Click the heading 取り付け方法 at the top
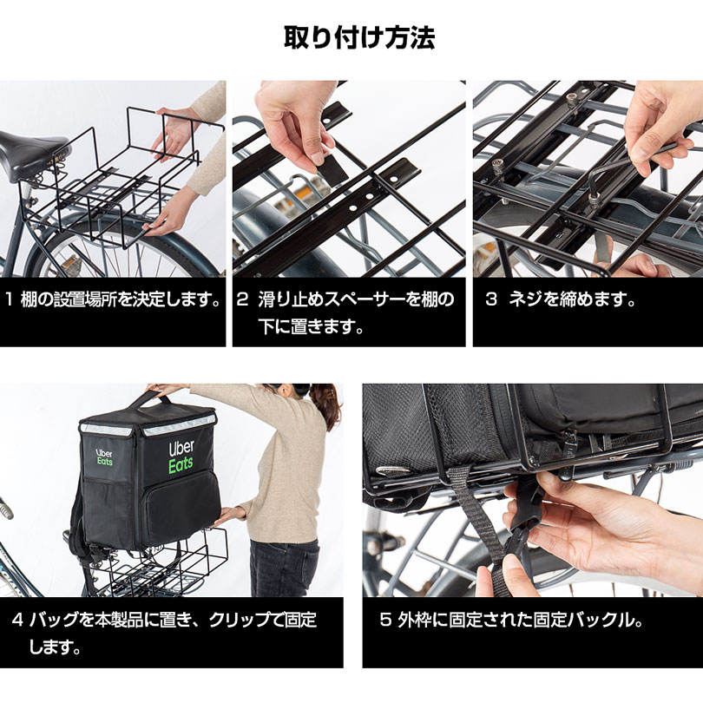(x=359, y=37)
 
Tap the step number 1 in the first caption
(x=10, y=299)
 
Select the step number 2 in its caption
(x=242, y=299)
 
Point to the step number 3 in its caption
(x=491, y=299)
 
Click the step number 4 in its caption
(x=17, y=620)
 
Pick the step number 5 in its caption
(x=385, y=620)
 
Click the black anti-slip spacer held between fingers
(x=332, y=171)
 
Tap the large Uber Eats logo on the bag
(x=181, y=457)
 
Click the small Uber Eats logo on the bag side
(x=104, y=457)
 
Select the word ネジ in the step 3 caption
(x=525, y=299)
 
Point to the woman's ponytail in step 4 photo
(x=327, y=403)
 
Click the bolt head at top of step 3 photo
(x=571, y=97)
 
